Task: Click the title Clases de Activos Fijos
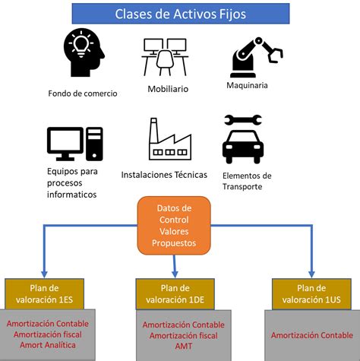(x=180, y=13)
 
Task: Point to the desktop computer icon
(x=74, y=144)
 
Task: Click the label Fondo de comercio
(x=84, y=93)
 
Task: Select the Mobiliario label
(x=168, y=89)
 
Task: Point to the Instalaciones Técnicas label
(x=164, y=174)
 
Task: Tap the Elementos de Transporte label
(x=247, y=181)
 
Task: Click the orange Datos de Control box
(x=175, y=226)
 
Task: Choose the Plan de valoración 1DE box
(x=174, y=293)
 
